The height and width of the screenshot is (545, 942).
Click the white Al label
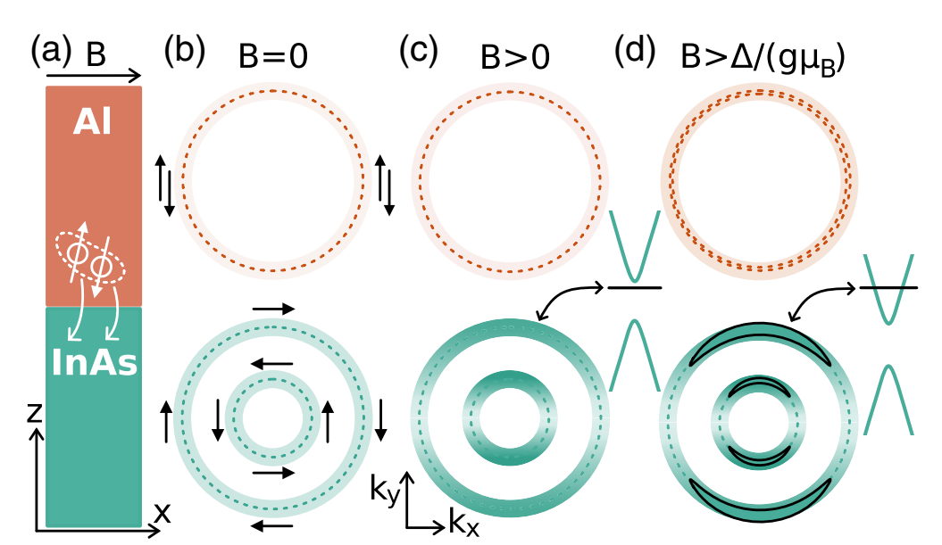pyautogui.click(x=93, y=121)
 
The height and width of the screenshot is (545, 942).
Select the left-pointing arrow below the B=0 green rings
pyautogui.click(x=272, y=526)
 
